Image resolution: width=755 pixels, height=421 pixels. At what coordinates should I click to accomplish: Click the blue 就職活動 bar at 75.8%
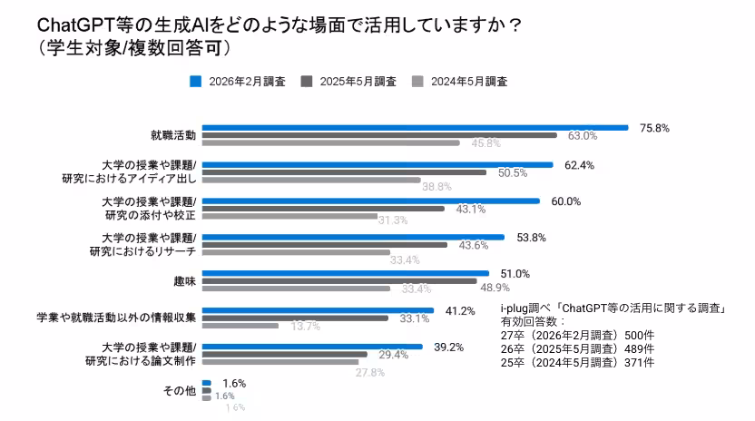pos(415,128)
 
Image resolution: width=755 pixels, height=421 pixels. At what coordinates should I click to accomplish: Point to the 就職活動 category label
pos(172,135)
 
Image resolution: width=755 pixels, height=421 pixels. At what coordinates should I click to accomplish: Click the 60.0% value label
pos(565,201)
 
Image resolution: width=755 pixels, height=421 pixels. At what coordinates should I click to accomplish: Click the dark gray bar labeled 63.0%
pos(378,135)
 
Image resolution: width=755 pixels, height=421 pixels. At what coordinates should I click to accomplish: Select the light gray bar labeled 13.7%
pos(240,325)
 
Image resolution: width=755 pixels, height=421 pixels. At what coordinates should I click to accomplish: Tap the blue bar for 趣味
pos(345,273)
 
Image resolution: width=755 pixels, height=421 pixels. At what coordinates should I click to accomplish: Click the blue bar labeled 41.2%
pos(318,309)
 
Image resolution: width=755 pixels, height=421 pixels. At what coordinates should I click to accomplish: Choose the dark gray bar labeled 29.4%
pos(284,354)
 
